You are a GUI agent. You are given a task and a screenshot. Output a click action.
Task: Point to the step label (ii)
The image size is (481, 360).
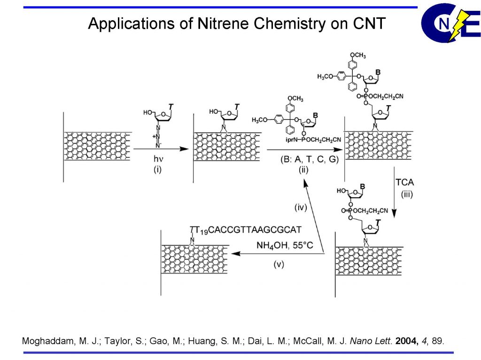coord(303,169)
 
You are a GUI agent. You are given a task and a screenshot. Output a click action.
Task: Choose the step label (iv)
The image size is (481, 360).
coord(301,207)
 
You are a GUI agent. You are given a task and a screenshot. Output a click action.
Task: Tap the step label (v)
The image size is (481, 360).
coord(279,264)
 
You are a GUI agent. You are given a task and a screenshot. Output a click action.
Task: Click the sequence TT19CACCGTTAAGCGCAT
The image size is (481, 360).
coord(245,230)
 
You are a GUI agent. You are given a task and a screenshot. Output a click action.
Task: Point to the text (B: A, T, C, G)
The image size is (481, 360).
coord(303,159)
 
